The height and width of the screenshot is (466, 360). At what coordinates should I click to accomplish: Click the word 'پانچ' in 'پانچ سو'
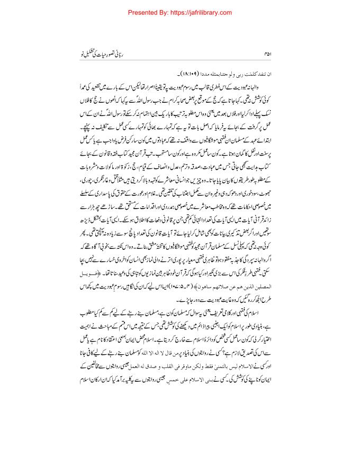[124, 243]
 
